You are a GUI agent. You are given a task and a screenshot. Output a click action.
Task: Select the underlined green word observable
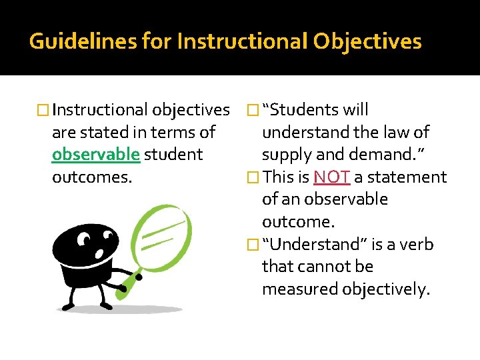click(x=96, y=155)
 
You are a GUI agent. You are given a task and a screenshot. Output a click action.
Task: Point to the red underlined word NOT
click(x=331, y=177)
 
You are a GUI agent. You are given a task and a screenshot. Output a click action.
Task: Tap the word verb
click(x=419, y=245)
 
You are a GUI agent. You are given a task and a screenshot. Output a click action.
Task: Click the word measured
click(x=300, y=289)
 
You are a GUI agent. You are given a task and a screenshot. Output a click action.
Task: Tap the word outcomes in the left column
click(x=85, y=177)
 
